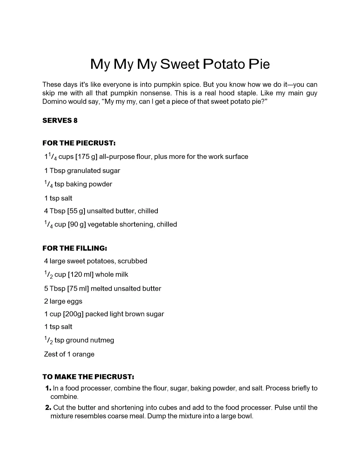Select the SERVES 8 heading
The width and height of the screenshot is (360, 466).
click(x=60, y=121)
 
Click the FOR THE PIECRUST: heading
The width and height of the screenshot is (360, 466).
click(x=79, y=143)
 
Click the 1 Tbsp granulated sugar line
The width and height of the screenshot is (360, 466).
click(x=82, y=171)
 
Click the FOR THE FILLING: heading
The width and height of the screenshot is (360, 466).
click(x=75, y=248)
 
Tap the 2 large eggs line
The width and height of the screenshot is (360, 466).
click(x=63, y=301)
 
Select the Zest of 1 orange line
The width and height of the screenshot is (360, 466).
click(x=69, y=354)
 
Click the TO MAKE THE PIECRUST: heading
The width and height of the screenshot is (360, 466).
click(x=88, y=377)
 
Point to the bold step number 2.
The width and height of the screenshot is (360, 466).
click(x=48, y=408)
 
